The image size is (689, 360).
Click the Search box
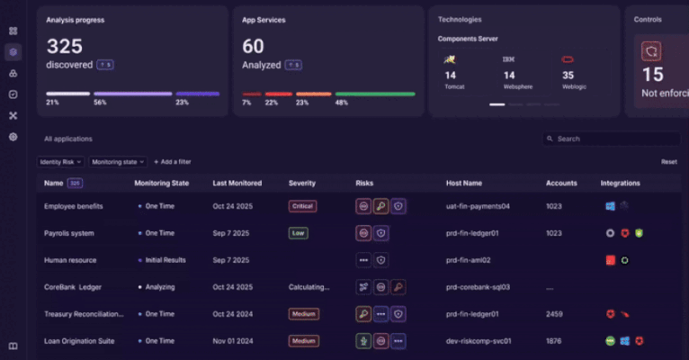pos(612,139)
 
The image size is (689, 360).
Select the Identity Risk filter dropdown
pos(60,162)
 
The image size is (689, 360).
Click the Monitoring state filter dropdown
pos(117,162)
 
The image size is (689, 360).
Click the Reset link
pos(668,162)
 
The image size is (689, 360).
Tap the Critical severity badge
pos(302,206)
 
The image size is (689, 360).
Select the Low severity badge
pos(298,233)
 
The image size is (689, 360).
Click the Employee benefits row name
pos(73,206)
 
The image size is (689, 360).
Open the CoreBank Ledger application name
pos(73,287)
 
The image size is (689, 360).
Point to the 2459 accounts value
pos(555,314)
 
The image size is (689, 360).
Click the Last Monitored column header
pos(237,183)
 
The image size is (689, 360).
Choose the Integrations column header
pos(620,183)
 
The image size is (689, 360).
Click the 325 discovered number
pos(64,46)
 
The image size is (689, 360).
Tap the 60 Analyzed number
pos(253,46)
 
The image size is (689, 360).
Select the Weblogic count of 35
pos(568,76)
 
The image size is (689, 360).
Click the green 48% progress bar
pos(374,94)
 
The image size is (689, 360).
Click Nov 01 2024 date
pos(237,341)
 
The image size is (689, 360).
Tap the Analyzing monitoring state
pos(159,287)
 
